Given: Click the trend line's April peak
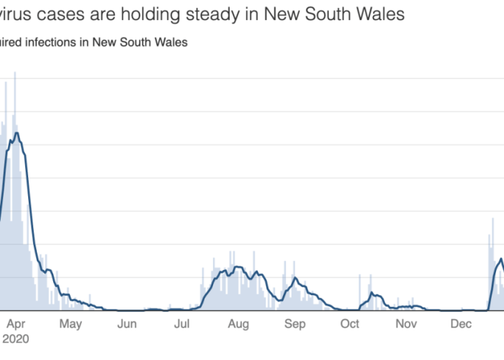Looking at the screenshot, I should pyautogui.click(x=16, y=133).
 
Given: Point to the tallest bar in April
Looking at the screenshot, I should pyautogui.click(x=15, y=73).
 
